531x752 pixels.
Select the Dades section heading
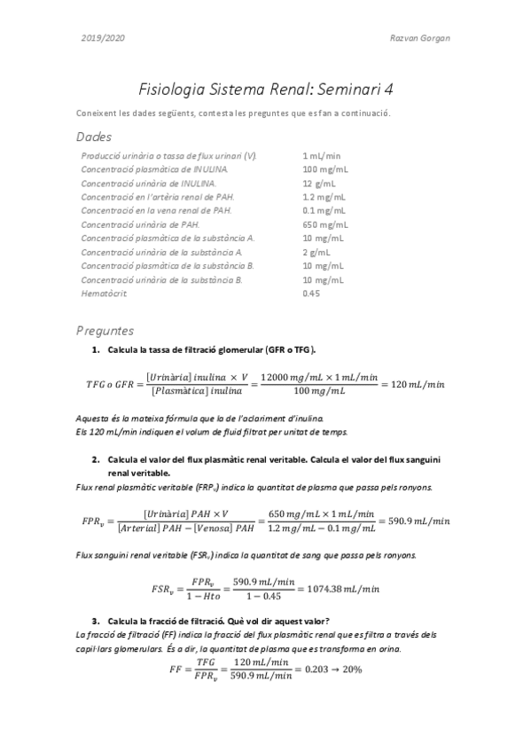pyautogui.click(x=94, y=137)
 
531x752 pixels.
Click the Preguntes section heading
pyautogui.click(x=105, y=330)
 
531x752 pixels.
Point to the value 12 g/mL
pyautogui.click(x=317, y=183)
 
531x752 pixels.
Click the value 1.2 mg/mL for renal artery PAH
pyautogui.click(x=324, y=197)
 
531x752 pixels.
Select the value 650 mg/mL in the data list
pyautogui.click(x=324, y=225)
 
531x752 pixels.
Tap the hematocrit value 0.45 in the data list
pyautogui.click(x=311, y=294)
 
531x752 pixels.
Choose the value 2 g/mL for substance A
pyautogui.click(x=316, y=253)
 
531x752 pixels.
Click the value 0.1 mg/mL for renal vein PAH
pyautogui.click(x=324, y=211)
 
